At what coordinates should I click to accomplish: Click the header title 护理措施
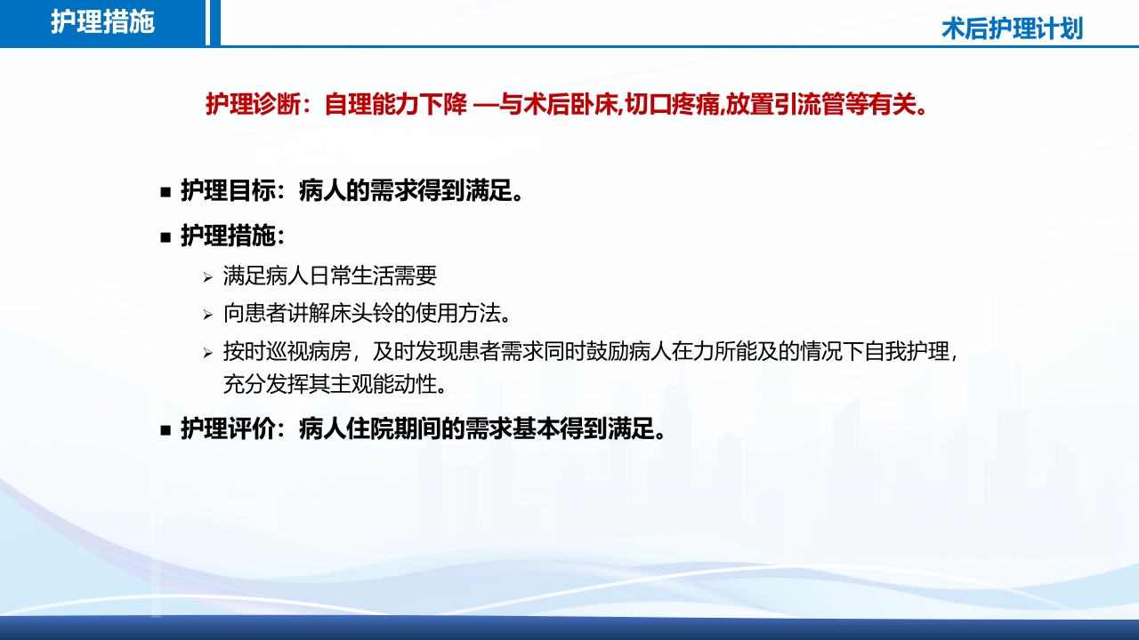(x=102, y=22)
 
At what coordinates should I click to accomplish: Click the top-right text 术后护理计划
(x=1012, y=28)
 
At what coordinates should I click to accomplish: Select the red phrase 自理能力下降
(x=395, y=105)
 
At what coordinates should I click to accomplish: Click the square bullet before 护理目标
(x=165, y=192)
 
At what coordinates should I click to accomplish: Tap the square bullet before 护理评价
(x=165, y=431)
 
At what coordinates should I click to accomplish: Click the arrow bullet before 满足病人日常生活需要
(x=206, y=278)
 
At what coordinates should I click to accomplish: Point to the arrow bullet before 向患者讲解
(x=206, y=315)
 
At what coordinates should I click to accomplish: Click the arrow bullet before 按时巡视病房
(x=206, y=353)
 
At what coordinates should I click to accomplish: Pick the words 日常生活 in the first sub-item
(x=351, y=276)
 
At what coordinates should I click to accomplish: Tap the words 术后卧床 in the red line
(x=578, y=105)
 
